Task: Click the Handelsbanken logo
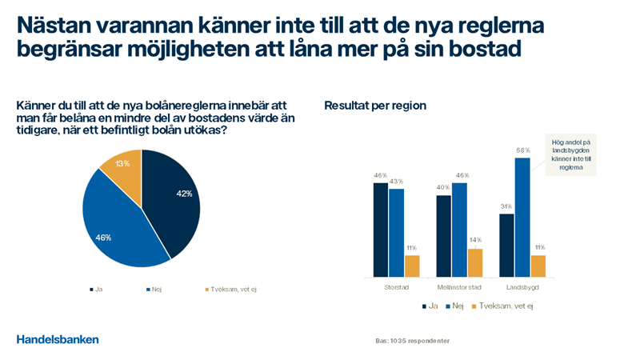click(58, 339)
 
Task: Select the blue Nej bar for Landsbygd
click(522, 217)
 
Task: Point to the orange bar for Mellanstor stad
click(475, 262)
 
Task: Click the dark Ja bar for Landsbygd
click(506, 245)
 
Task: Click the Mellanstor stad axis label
click(459, 287)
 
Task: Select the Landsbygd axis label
click(522, 287)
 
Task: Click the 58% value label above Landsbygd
click(522, 150)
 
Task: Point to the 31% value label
click(506, 206)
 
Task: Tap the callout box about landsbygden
click(570, 154)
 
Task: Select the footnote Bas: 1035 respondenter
click(413, 341)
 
